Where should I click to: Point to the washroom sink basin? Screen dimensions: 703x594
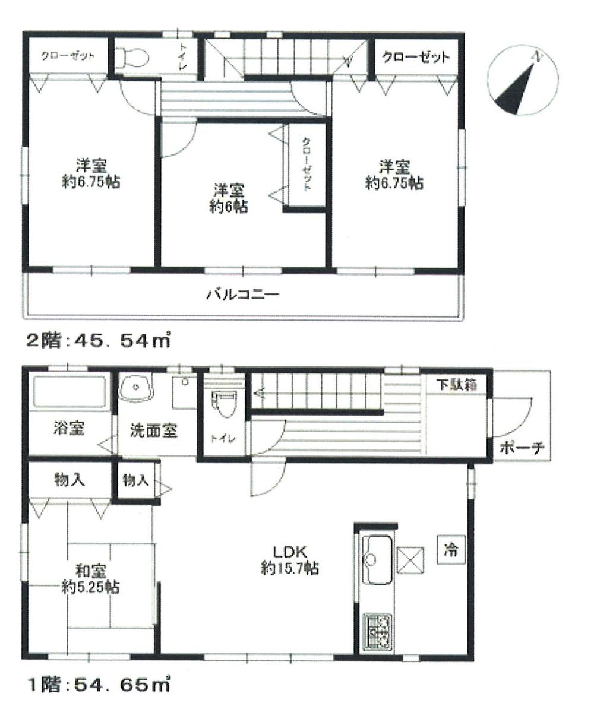point(137,389)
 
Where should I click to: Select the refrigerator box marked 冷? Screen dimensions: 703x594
point(451,549)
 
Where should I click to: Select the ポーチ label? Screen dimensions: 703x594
point(521,448)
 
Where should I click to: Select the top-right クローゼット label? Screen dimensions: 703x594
point(415,58)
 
